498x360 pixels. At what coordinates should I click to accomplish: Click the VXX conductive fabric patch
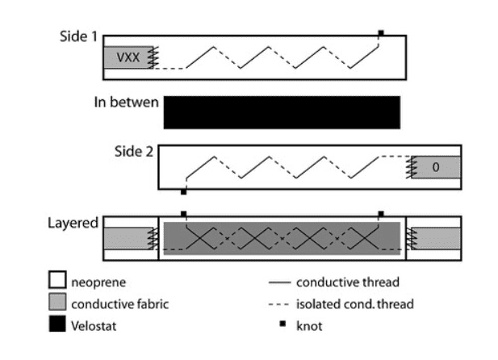click(127, 57)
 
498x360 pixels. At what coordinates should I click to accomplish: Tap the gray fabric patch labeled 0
click(436, 167)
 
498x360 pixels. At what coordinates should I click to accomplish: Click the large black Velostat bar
click(282, 112)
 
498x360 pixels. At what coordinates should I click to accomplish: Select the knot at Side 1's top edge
click(380, 33)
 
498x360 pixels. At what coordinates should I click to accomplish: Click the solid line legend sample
click(278, 283)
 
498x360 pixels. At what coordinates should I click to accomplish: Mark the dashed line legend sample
click(278, 305)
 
